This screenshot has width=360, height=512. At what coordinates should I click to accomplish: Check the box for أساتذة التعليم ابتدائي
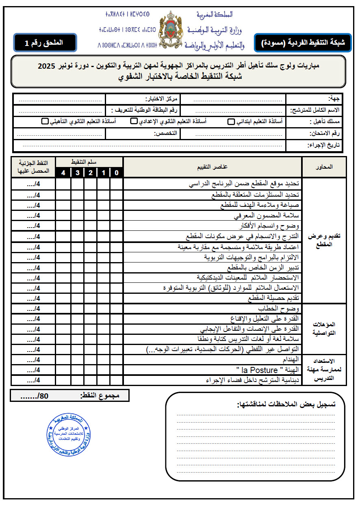click(x=231, y=121)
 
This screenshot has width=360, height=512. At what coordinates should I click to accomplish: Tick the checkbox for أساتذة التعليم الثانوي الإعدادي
click(x=134, y=121)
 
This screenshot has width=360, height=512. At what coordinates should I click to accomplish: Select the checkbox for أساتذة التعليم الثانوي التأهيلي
click(x=45, y=121)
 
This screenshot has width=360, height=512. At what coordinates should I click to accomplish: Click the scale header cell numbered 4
click(x=63, y=173)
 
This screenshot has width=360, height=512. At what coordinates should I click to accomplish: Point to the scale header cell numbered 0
click(x=117, y=173)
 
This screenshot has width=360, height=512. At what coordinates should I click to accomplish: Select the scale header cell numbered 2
click(x=90, y=173)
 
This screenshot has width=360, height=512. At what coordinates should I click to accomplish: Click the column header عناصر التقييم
click(x=213, y=167)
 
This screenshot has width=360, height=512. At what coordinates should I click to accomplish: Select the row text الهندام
click(x=291, y=360)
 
